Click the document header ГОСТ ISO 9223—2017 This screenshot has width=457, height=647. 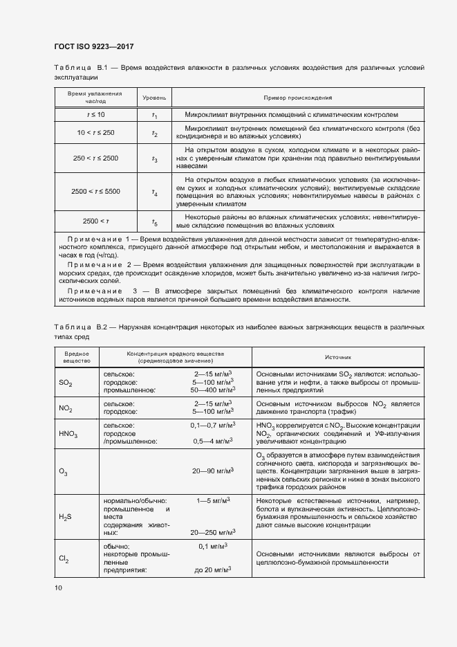[94, 46]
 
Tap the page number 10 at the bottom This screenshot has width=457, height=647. [57, 587]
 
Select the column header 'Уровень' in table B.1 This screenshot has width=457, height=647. [154, 98]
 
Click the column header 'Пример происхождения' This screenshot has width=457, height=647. [298, 98]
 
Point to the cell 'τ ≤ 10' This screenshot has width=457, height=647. [95, 114]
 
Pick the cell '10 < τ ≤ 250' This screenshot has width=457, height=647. [95, 132]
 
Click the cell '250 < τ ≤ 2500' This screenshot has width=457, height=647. [95, 158]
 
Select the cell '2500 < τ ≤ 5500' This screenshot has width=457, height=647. [95, 192]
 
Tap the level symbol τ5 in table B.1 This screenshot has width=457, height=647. [154, 221]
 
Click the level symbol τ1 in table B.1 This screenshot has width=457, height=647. [154, 115]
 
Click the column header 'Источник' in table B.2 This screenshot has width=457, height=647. [338, 357]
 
